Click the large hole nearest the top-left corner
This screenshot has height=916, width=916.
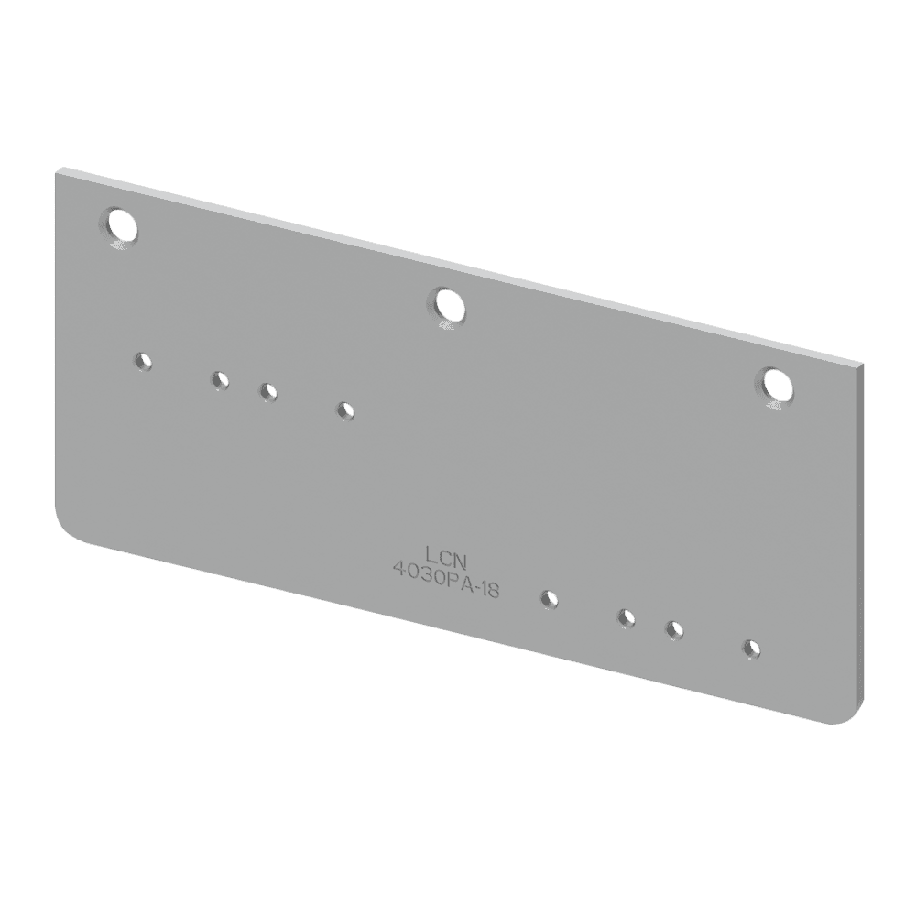tap(120, 224)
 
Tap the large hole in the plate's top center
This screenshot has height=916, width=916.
tap(447, 305)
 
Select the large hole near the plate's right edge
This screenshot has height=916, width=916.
tap(775, 386)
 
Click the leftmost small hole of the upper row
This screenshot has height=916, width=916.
tap(142, 362)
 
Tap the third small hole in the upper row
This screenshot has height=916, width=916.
tap(267, 391)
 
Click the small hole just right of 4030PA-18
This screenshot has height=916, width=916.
tap(549, 598)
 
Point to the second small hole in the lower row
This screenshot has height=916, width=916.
tap(626, 617)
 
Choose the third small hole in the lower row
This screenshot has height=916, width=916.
tap(674, 629)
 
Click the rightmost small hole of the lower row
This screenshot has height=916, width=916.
tap(751, 648)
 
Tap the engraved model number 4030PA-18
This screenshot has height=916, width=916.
tap(445, 581)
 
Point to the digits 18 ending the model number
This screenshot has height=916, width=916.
tap(488, 591)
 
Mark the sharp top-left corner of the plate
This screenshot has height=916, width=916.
tap(60, 169)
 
